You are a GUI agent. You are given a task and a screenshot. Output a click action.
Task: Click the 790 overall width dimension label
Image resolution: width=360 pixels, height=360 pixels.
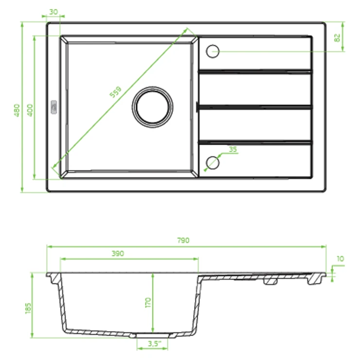click(x=183, y=240)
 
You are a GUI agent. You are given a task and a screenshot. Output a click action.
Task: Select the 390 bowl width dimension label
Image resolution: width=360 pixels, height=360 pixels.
click(x=118, y=253)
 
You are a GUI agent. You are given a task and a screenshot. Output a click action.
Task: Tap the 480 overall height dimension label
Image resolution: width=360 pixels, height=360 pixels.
click(x=17, y=110)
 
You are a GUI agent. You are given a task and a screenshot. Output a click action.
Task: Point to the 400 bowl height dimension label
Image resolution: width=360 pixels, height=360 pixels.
click(x=30, y=110)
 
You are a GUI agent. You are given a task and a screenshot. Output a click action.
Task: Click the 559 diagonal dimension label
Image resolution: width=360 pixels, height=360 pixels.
click(x=115, y=92)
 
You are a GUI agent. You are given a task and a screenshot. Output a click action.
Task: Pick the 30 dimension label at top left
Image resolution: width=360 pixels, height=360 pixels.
click(x=54, y=12)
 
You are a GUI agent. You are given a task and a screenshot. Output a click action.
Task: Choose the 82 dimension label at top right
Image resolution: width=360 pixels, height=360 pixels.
click(x=337, y=37)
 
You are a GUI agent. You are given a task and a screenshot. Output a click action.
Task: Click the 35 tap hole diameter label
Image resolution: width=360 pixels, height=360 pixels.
click(x=233, y=149)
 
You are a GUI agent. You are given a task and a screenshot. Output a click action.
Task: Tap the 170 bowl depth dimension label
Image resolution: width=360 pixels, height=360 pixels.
click(x=148, y=303)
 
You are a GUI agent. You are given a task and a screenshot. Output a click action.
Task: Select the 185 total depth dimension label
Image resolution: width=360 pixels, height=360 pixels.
click(x=28, y=308)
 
